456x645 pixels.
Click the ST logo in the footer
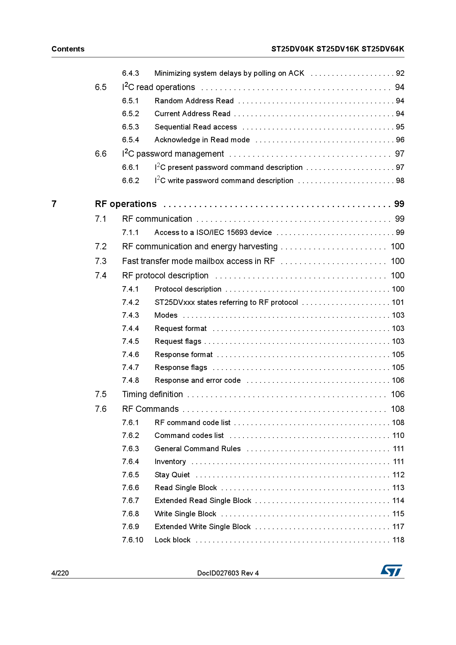click(x=391, y=570)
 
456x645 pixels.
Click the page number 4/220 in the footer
click(x=60, y=573)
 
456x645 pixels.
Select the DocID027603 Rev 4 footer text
click(x=228, y=573)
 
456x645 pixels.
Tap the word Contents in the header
click(x=68, y=49)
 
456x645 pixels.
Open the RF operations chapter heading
click(x=126, y=204)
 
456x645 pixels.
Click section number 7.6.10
click(x=133, y=540)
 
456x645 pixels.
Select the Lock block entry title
click(x=172, y=540)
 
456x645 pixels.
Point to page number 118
click(x=398, y=540)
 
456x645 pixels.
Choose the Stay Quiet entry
click(x=172, y=475)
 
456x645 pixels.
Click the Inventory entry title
click(x=170, y=462)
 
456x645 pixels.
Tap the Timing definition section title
click(x=153, y=394)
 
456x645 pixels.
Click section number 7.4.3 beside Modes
click(x=131, y=315)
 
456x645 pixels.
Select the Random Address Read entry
click(x=194, y=101)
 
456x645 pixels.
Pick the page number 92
click(x=400, y=73)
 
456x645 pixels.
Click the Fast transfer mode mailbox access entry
click(x=199, y=261)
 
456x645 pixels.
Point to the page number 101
click(x=398, y=302)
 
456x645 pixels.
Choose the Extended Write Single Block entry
click(x=203, y=527)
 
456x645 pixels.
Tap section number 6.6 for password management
click(x=101, y=154)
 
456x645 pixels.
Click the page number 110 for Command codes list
click(x=398, y=435)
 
